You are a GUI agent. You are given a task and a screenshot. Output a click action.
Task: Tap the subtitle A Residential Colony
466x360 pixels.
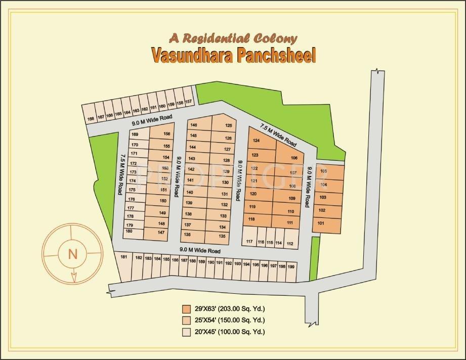233,38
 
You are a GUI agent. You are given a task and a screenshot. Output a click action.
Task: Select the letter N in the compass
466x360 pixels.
72,254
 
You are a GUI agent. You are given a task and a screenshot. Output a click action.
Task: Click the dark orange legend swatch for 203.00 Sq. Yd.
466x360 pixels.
187,309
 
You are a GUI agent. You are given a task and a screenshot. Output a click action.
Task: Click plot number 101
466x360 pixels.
321,223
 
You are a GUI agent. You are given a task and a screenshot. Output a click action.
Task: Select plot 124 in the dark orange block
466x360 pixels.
257,141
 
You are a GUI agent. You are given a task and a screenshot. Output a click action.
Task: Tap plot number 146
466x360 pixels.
193,125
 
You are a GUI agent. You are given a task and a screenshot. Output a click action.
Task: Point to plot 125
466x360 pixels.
228,125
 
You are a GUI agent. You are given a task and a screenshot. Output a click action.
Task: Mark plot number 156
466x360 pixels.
167,134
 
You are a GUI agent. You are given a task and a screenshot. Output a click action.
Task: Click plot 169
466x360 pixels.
135,134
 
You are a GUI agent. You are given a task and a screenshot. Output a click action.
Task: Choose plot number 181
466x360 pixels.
123,258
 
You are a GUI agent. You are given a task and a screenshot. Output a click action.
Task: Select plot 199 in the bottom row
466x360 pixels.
290,266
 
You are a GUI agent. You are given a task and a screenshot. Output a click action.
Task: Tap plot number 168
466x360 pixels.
91,119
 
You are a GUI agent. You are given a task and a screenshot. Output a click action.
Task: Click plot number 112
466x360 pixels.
290,244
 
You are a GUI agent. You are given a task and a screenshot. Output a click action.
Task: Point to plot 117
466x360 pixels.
249,242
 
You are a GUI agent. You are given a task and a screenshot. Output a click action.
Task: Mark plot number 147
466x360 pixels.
161,233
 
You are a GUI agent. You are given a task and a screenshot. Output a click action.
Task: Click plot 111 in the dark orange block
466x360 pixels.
290,223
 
